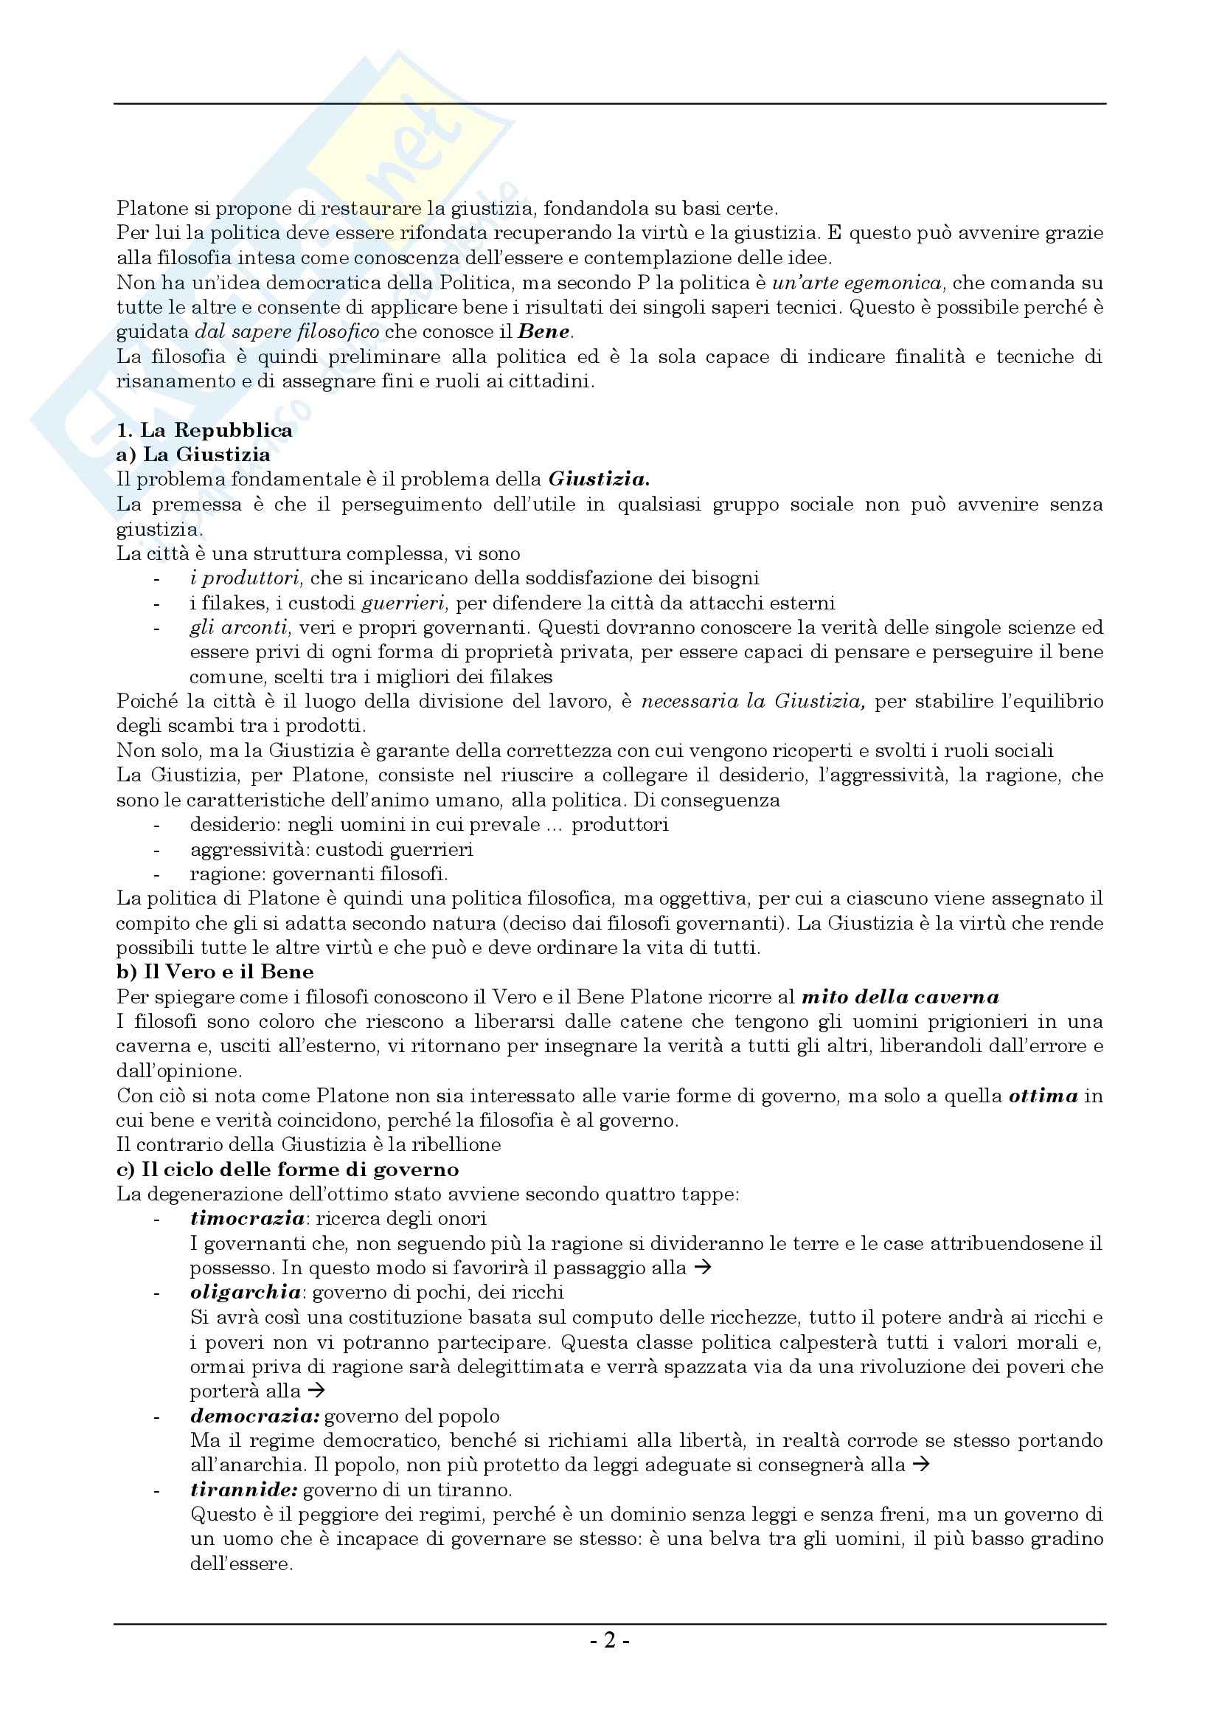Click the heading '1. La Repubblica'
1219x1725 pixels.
204,430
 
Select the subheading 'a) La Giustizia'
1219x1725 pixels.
193,454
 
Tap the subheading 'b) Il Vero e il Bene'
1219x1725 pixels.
215,972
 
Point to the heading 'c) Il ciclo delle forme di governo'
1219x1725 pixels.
288,1169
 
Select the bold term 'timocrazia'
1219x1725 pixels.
247,1218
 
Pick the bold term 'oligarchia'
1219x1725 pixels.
246,1292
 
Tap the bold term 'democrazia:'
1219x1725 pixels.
255,1415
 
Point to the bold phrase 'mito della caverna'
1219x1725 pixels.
900,997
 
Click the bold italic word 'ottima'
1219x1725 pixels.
1043,1096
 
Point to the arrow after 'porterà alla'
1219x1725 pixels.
316,1391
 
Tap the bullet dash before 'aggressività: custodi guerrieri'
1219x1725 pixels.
156,850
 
